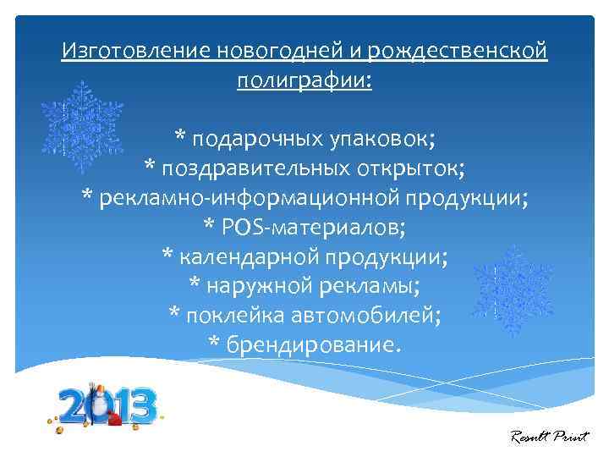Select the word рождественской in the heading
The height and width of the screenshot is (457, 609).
click(457, 52)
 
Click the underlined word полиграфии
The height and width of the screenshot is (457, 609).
click(304, 82)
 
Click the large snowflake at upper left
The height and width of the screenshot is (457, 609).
click(82, 125)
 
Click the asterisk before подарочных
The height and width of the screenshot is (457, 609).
click(181, 135)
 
